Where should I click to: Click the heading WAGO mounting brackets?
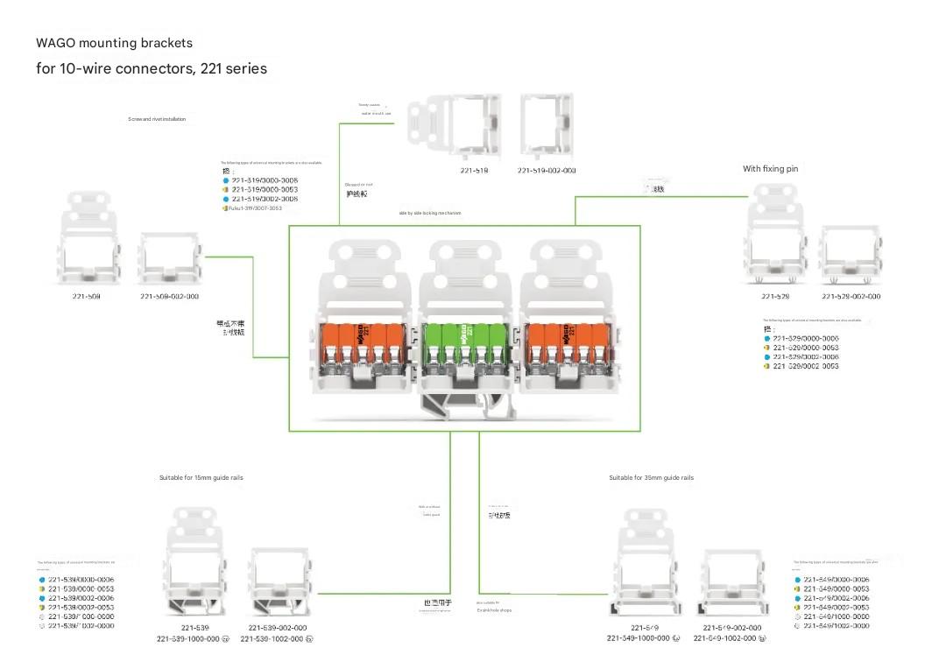(x=114, y=43)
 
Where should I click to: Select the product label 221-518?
(x=474, y=171)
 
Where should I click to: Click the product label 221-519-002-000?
(x=547, y=171)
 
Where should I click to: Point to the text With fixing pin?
(x=771, y=169)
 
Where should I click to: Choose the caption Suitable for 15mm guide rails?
(x=201, y=478)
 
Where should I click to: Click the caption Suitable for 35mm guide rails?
(x=651, y=478)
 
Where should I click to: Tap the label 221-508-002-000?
(x=169, y=297)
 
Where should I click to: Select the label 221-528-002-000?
(x=851, y=297)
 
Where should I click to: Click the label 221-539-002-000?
(x=278, y=628)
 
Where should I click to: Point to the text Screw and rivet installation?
(x=157, y=119)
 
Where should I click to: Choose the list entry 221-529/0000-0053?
(x=806, y=348)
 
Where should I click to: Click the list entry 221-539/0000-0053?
(x=81, y=589)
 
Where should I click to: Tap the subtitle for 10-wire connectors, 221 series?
(x=152, y=68)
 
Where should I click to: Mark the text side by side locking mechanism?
(x=430, y=213)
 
